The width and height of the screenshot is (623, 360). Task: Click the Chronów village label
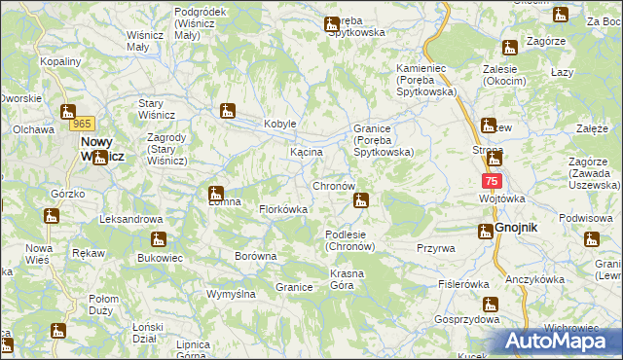coord(339,185)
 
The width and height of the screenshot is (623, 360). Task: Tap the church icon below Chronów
coord(361,201)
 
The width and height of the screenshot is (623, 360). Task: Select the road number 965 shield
coord(82,125)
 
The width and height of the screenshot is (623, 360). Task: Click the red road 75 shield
coord(492,181)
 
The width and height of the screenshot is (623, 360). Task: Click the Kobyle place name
coord(279,124)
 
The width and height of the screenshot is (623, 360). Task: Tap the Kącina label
coord(306,153)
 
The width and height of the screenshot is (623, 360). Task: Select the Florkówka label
coord(283,209)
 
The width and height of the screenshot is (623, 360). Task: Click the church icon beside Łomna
coord(216,193)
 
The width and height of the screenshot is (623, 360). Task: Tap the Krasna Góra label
coord(347,280)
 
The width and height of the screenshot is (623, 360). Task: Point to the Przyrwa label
coord(435,248)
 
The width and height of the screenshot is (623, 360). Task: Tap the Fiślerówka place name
coord(463,284)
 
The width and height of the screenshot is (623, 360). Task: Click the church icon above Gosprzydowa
coord(491,304)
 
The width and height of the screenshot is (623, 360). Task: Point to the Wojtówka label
coord(501,198)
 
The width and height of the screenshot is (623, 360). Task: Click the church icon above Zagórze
coord(509,47)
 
